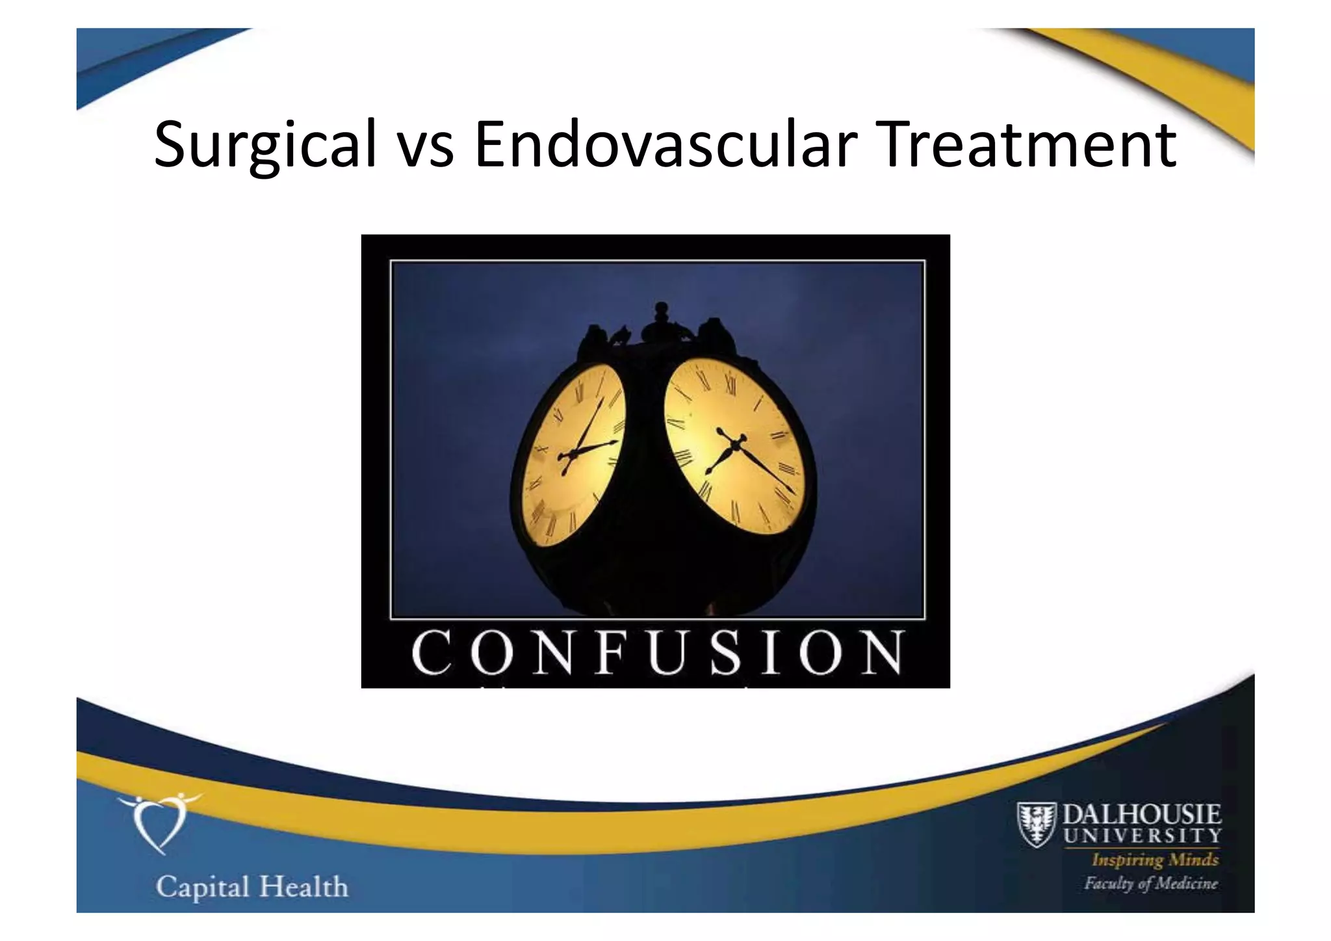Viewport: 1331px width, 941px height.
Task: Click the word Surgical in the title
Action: point(265,144)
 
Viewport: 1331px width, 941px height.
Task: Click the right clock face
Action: point(734,449)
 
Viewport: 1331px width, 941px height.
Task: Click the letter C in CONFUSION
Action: point(432,652)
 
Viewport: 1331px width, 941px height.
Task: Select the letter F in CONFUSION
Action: point(612,652)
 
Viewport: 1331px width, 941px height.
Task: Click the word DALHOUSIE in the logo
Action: point(1141,815)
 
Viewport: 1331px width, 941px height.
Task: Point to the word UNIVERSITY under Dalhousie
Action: point(1142,835)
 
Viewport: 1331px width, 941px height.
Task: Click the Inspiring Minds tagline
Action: point(1154,860)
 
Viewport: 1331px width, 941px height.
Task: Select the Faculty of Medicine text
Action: point(1150,883)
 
